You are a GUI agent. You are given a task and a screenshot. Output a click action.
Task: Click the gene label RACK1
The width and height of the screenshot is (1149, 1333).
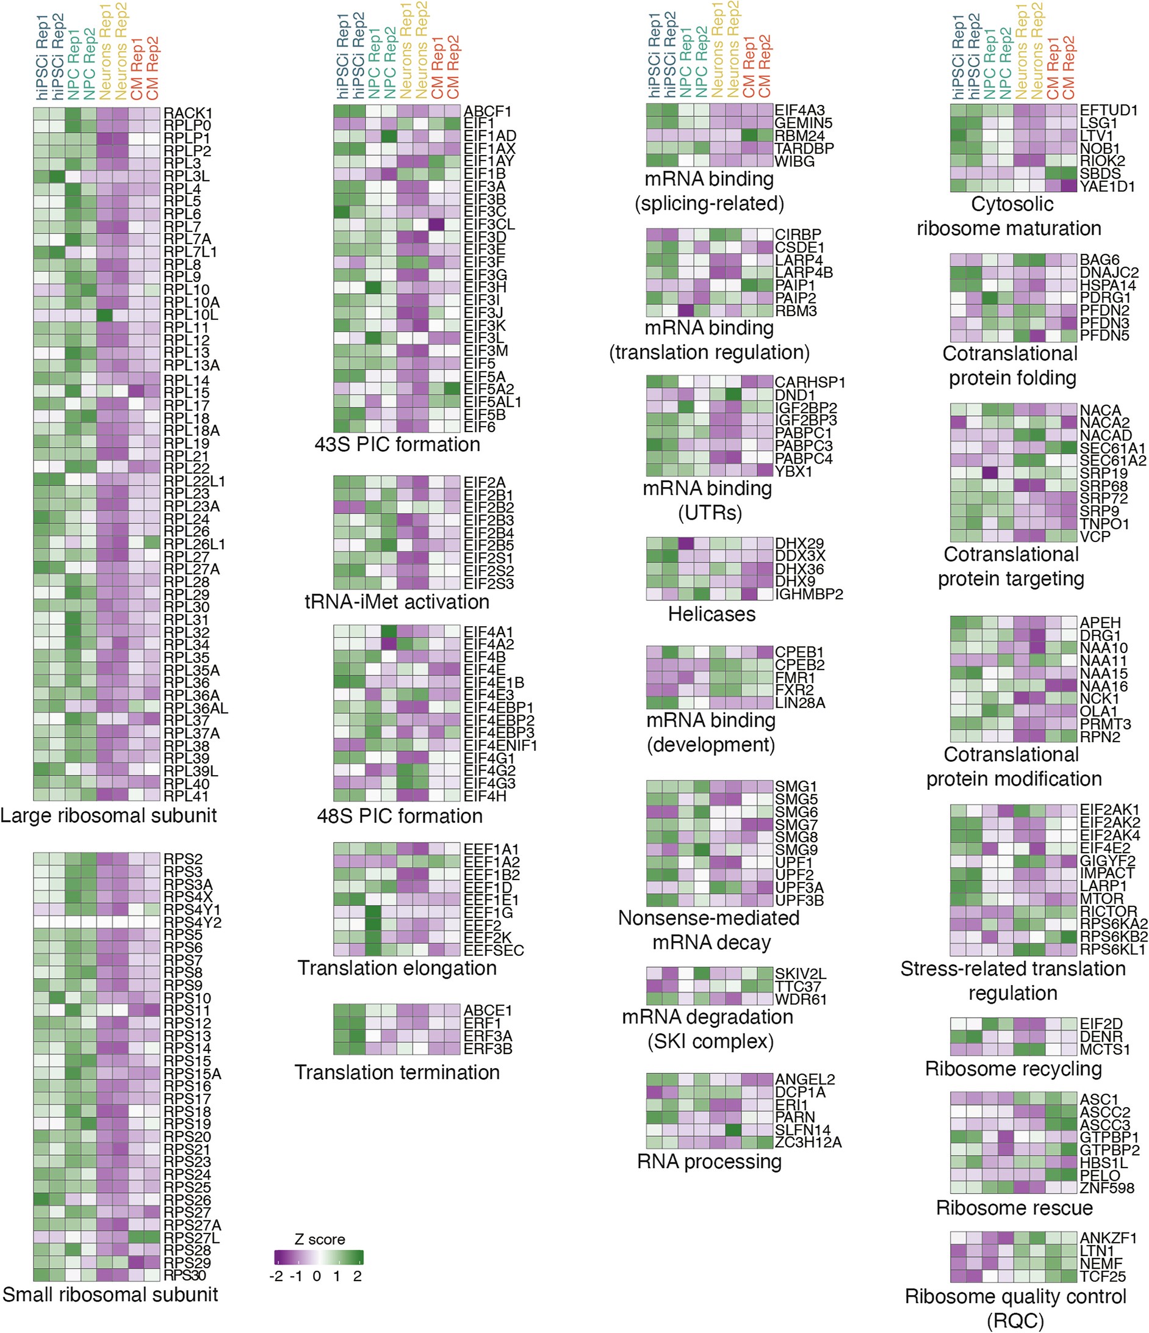pos(187,114)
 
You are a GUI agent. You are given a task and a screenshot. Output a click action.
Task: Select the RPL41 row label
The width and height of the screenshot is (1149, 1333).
pos(186,797)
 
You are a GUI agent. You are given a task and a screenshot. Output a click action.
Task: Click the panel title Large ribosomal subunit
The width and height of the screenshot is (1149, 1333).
pos(108,816)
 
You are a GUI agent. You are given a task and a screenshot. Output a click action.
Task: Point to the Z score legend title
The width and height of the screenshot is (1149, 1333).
pos(319,1240)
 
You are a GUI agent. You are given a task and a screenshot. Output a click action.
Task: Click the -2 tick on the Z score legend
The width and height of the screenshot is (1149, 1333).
pos(277,1276)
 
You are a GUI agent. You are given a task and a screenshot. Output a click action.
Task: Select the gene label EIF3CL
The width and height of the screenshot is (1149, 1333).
pos(489,225)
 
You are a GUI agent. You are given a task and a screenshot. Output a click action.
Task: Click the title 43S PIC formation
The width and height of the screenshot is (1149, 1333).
pos(397,444)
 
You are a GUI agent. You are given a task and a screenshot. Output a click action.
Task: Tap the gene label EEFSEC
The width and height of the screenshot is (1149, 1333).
pos(494,950)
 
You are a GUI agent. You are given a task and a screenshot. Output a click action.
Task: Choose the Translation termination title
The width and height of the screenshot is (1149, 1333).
pos(397,1072)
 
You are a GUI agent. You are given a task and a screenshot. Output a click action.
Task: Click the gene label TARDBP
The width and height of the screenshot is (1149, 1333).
pos(804,148)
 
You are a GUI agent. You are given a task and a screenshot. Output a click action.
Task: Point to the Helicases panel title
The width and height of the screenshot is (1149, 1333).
pos(711,615)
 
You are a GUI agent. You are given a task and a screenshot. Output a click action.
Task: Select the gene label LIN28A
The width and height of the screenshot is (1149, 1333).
pos(800,703)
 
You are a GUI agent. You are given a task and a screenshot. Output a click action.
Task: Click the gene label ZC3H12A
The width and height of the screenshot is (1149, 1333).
pos(808,1143)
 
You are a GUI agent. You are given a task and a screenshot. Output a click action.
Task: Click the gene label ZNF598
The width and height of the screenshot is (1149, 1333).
pos(1106,1188)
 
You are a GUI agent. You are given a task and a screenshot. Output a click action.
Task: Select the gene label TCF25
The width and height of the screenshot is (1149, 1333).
pos(1103,1276)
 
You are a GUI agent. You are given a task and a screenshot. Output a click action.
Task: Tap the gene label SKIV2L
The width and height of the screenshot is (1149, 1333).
pos(801,974)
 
